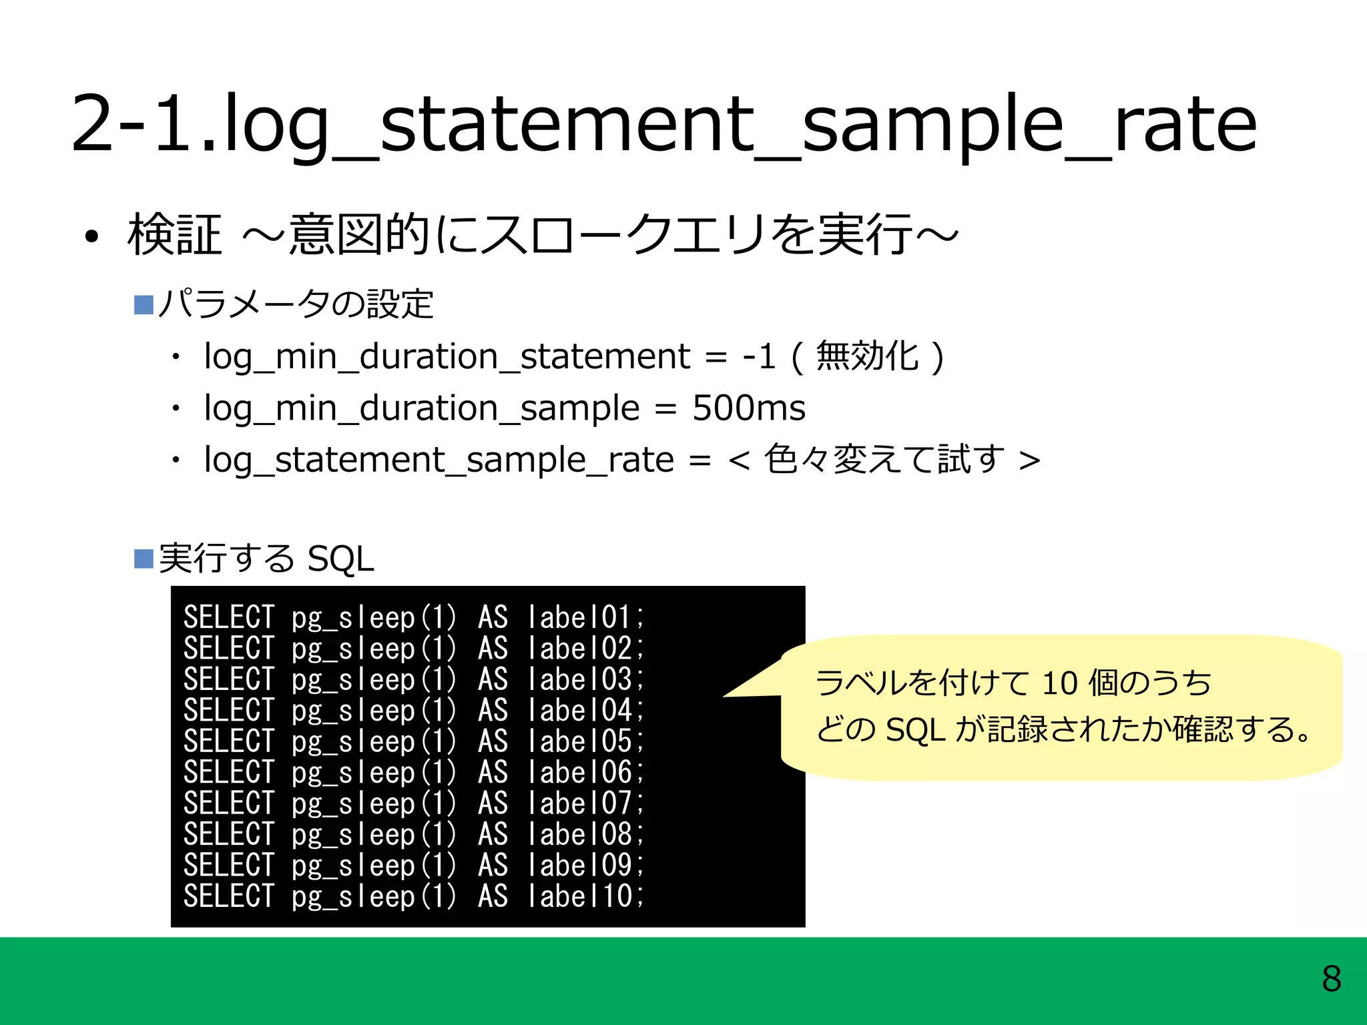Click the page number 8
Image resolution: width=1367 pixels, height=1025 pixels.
pyautogui.click(x=1331, y=979)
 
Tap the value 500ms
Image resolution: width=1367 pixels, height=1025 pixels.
pyautogui.click(x=748, y=408)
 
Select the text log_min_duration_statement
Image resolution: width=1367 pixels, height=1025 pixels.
pyautogui.click(x=447, y=356)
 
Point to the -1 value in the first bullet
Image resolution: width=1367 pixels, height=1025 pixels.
pyautogui.click(x=758, y=356)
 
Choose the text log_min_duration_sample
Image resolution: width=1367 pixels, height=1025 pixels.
pyautogui.click(x=421, y=408)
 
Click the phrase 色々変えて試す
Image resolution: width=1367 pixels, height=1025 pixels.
pyautogui.click(x=884, y=459)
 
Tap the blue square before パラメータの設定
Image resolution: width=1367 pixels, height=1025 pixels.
pyautogui.click(x=144, y=305)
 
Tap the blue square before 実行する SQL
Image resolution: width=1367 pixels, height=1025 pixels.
pyautogui.click(x=144, y=559)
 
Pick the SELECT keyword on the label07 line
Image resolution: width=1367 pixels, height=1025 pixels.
pyautogui.click(x=228, y=803)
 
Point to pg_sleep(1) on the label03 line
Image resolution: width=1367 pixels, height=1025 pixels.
pyautogui.click(x=374, y=679)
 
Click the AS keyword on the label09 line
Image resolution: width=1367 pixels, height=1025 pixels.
pyautogui.click(x=493, y=865)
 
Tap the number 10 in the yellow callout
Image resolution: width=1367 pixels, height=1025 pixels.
pyautogui.click(x=1059, y=683)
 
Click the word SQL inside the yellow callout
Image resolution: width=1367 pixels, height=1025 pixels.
pyautogui.click(x=915, y=729)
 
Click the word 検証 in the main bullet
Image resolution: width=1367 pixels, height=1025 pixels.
pyautogui.click(x=174, y=235)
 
